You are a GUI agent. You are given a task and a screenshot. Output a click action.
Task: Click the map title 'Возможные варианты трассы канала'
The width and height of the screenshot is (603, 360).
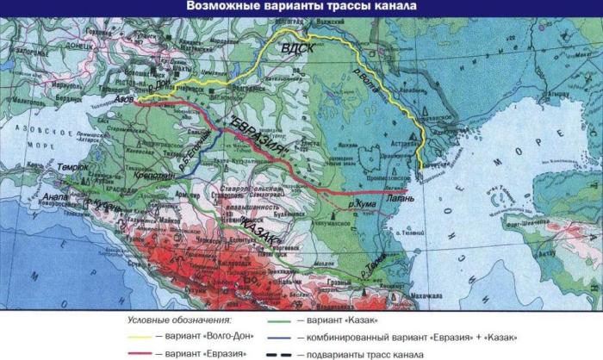[301, 8]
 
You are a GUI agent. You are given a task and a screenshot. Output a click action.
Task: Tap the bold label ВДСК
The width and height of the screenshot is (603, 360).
[297, 51]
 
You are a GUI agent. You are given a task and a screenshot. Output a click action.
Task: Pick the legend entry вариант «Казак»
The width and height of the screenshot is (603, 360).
[340, 320]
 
